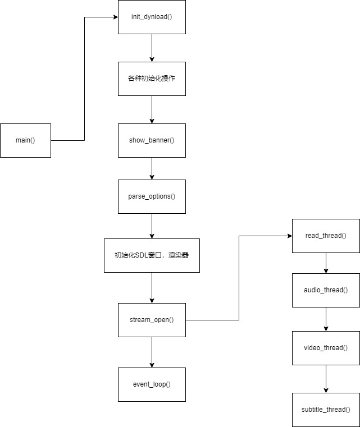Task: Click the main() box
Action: pyautogui.click(x=25, y=140)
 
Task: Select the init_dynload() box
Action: pyautogui.click(x=152, y=17)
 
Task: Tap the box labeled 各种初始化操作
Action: pyautogui.click(x=152, y=79)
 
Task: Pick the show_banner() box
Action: pyautogui.click(x=152, y=140)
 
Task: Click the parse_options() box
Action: pyautogui.click(x=152, y=196)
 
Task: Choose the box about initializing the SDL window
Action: pyautogui.click(x=152, y=255)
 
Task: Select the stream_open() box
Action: pyautogui.click(x=152, y=320)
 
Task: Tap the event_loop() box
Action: pyautogui.click(x=152, y=384)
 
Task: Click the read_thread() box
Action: pyautogui.click(x=326, y=236)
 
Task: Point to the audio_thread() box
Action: pyautogui.click(x=326, y=290)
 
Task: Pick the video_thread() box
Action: pyautogui.click(x=326, y=348)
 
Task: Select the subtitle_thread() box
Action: pyautogui.click(x=326, y=410)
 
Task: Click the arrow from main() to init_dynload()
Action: pyautogui.click(x=84, y=79)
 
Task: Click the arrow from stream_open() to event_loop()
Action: pyautogui.click(x=152, y=352)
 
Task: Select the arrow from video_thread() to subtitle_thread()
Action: pyautogui.click(x=326, y=379)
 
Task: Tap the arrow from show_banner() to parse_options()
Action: pyautogui.click(x=152, y=168)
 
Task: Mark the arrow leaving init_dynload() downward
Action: pyautogui.click(x=152, y=48)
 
